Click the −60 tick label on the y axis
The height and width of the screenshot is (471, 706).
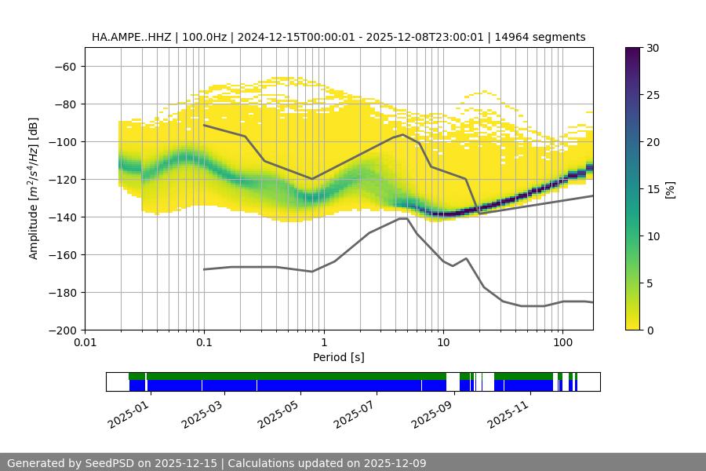point(64,67)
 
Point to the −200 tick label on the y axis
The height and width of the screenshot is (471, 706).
point(61,330)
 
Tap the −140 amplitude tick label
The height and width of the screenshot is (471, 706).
point(61,217)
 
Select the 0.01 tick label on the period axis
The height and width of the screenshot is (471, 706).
point(85,343)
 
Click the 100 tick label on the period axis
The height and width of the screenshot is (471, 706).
point(562,343)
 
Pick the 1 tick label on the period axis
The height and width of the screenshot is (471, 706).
point(323,343)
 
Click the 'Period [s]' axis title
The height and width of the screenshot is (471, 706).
point(339,357)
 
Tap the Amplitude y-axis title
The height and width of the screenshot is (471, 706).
point(33,188)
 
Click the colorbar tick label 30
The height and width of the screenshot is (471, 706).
point(652,48)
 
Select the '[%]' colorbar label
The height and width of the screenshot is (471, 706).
point(669,189)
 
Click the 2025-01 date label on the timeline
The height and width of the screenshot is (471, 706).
point(126,412)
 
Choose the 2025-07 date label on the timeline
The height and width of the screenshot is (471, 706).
point(355,412)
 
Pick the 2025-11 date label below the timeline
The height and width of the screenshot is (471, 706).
point(507,412)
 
